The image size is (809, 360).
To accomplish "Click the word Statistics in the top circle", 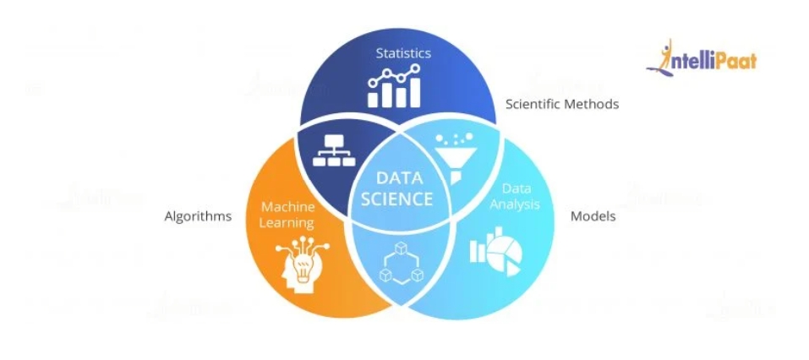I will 403,53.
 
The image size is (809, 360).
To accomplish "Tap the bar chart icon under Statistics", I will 395,88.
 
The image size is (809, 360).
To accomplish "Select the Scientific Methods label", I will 562,105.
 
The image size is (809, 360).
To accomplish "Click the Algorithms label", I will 198,216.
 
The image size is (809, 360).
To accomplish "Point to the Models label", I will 593,216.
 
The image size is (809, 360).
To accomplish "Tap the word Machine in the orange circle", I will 287,207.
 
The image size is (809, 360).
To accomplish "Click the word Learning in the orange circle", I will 287,223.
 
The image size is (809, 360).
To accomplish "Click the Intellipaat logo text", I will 714,61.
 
